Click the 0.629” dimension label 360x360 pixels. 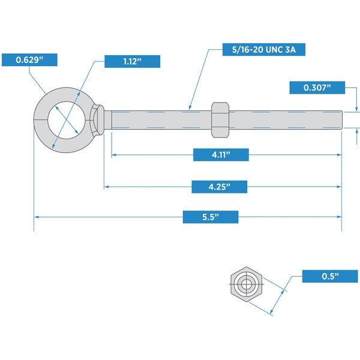[x=29, y=60]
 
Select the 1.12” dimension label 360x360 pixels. [x=132, y=62]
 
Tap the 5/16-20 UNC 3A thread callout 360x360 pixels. [x=264, y=49]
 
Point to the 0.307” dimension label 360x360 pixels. [x=317, y=88]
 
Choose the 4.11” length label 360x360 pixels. [x=221, y=155]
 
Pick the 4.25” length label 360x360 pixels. [x=220, y=187]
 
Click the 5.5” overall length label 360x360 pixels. [x=211, y=217]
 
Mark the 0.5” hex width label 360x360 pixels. [x=330, y=276]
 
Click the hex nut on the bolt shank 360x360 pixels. [x=220, y=120]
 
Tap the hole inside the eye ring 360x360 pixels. [x=67, y=120]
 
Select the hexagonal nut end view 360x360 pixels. [x=247, y=284]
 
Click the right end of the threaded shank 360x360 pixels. [x=342, y=120]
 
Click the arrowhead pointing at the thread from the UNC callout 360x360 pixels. [x=190, y=107]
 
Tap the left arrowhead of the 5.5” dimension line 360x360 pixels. [x=36, y=217]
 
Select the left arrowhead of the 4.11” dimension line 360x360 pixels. [x=114, y=155]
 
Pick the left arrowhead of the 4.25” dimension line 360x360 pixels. [x=106, y=187]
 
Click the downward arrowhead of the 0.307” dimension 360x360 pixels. [x=356, y=109]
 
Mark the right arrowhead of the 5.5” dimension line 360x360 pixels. [x=340, y=217]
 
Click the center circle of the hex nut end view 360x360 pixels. [x=246, y=284]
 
